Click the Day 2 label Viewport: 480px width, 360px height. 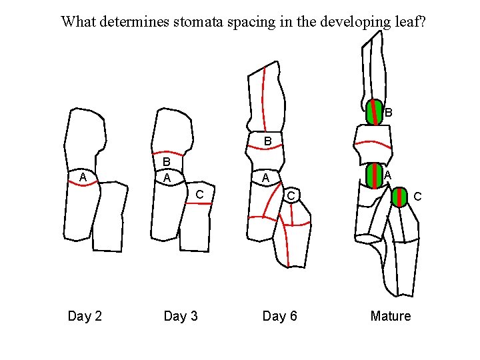coord(85,316)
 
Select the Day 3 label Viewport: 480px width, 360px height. coord(181,316)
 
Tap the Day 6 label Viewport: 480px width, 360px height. coord(279,316)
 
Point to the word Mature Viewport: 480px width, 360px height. coord(391,316)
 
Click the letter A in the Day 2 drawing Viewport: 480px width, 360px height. coord(83,177)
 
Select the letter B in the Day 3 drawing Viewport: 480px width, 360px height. coord(167,163)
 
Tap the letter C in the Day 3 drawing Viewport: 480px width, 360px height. coord(199,194)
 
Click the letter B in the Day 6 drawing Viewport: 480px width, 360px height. coord(267,141)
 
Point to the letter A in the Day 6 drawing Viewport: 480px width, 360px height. coord(265,178)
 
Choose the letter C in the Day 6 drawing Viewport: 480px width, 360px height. coord(291,195)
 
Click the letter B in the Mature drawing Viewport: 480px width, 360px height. coord(389,113)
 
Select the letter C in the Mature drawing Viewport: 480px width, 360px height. coord(417,197)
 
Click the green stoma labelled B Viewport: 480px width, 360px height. coord(374,112)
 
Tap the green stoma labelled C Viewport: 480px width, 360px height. coord(399,198)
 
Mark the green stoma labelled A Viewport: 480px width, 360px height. coord(374,175)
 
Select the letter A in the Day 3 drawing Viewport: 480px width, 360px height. coord(167,178)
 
